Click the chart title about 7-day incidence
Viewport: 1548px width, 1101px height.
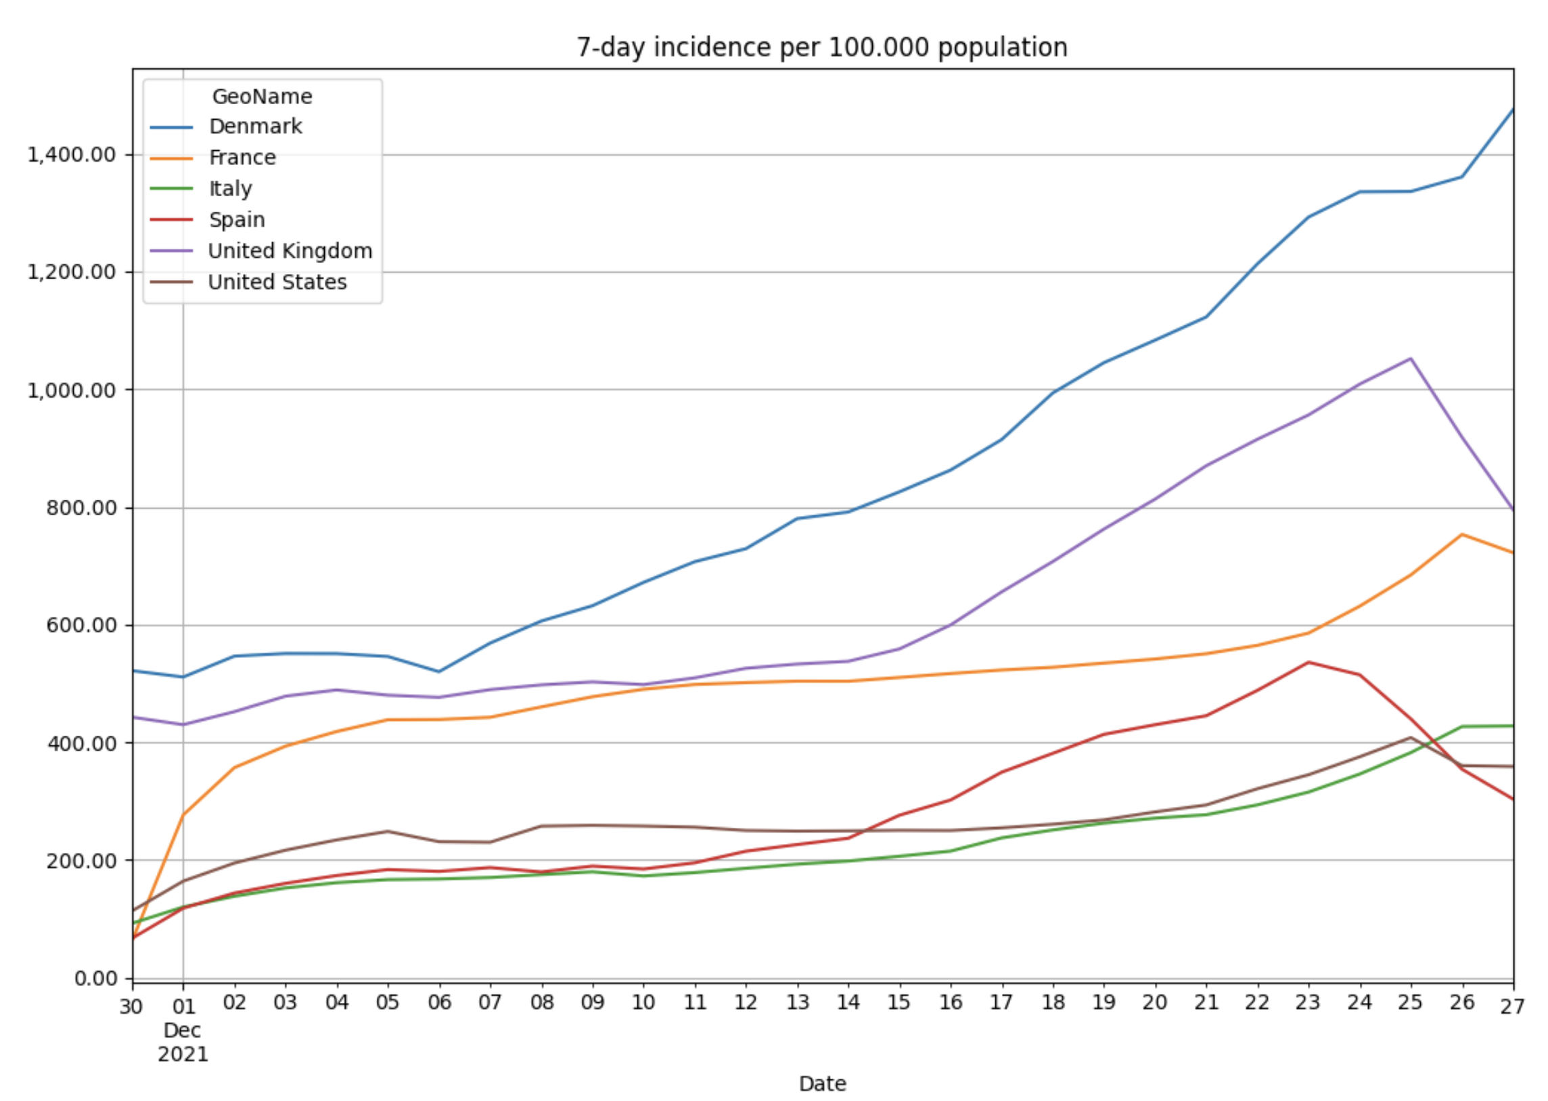[822, 47]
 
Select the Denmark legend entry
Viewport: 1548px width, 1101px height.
[255, 126]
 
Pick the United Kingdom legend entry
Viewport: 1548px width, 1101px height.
[290, 251]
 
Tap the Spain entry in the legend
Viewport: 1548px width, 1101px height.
[237, 220]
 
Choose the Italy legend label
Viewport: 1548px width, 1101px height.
[231, 189]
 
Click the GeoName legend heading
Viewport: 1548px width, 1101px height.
[262, 97]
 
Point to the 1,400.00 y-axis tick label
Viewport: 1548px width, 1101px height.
[71, 155]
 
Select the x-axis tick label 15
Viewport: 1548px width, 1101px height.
[898, 1002]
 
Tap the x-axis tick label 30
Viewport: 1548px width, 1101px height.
[131, 1006]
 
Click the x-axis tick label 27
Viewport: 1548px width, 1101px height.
[1511, 1006]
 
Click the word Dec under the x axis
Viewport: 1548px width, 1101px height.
[183, 1031]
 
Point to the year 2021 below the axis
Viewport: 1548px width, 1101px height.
[183, 1054]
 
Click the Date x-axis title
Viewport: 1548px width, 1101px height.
[822, 1083]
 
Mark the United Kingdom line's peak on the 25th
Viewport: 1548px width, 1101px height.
[1411, 358]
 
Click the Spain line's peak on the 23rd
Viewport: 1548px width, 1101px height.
[1308, 662]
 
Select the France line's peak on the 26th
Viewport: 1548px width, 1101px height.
[1462, 534]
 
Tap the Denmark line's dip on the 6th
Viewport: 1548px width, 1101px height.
[438, 671]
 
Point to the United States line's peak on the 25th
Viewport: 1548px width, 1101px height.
[1411, 738]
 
